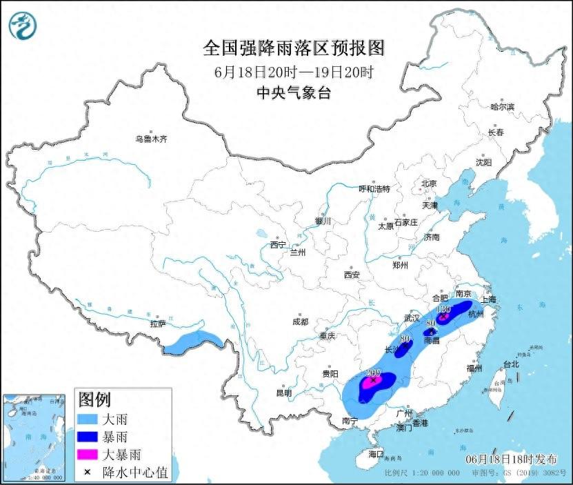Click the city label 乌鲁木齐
pos(151,139)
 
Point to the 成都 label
pos(300,321)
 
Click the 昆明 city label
pos(284,393)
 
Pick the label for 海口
pos(376,455)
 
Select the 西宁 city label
pos(277,244)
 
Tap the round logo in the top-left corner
pos(23,26)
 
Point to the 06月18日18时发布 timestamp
pos(507,459)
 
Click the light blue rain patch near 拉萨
pos(196,341)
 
